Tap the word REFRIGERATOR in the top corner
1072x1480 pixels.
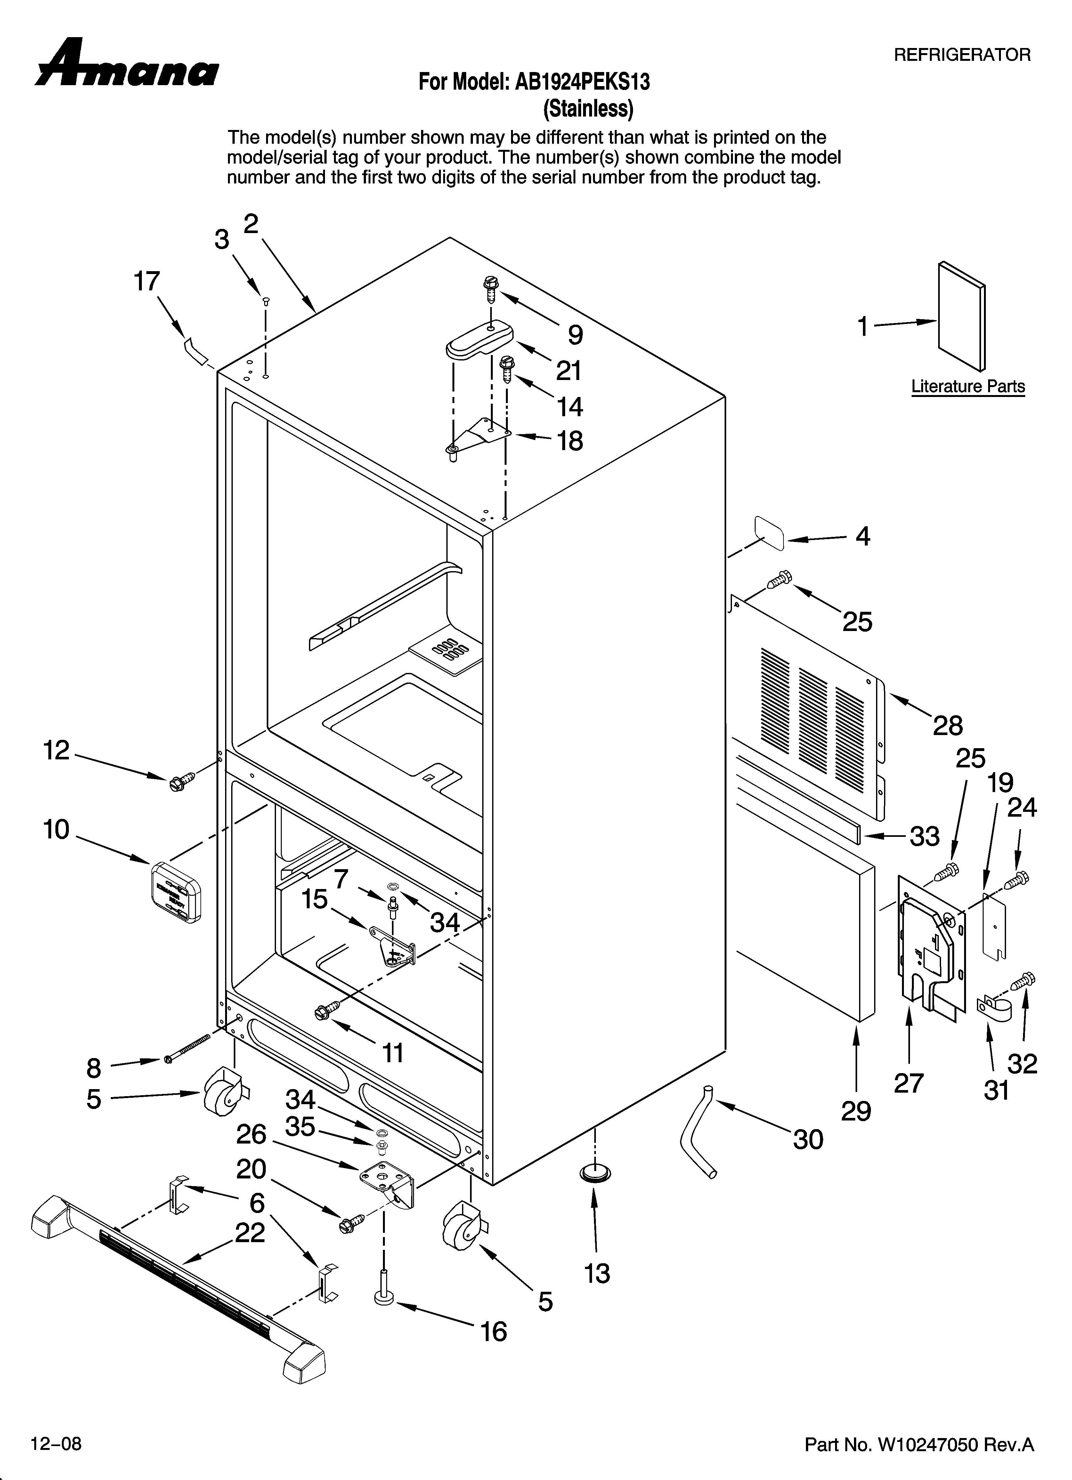click(962, 55)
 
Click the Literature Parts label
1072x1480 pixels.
click(968, 386)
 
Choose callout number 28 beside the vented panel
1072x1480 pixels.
click(947, 725)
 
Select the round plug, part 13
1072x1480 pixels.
click(595, 1173)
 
